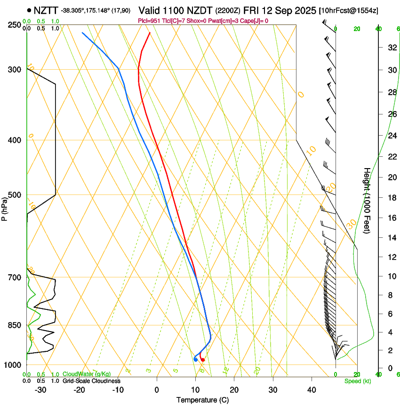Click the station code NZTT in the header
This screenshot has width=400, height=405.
[47, 10]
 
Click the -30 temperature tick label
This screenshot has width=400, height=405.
[40, 390]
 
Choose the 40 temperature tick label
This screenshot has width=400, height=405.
[312, 390]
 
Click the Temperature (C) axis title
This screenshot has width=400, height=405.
[202, 400]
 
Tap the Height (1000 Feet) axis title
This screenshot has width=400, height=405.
[367, 201]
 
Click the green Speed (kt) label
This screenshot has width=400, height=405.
[357, 381]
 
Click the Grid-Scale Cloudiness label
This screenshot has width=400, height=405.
[91, 381]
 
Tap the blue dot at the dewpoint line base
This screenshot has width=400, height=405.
[195, 360]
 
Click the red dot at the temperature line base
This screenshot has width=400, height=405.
[203, 360]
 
